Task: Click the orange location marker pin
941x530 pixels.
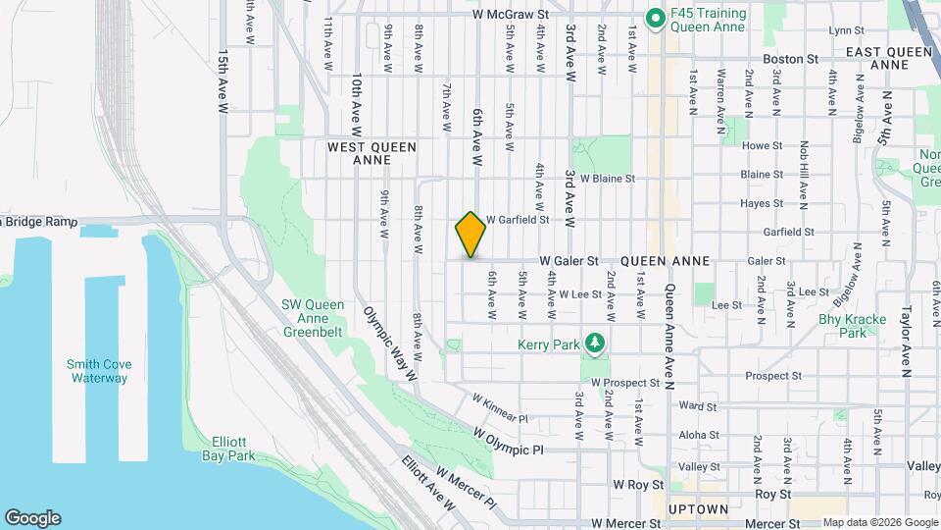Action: tap(470, 235)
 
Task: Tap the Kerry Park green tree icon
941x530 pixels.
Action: tap(593, 344)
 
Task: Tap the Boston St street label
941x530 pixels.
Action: tap(793, 59)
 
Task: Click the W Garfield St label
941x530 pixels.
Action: tap(517, 221)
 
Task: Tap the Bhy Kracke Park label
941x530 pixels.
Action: tap(853, 326)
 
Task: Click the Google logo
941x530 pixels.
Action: tap(31, 518)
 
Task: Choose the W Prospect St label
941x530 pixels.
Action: tap(625, 382)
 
